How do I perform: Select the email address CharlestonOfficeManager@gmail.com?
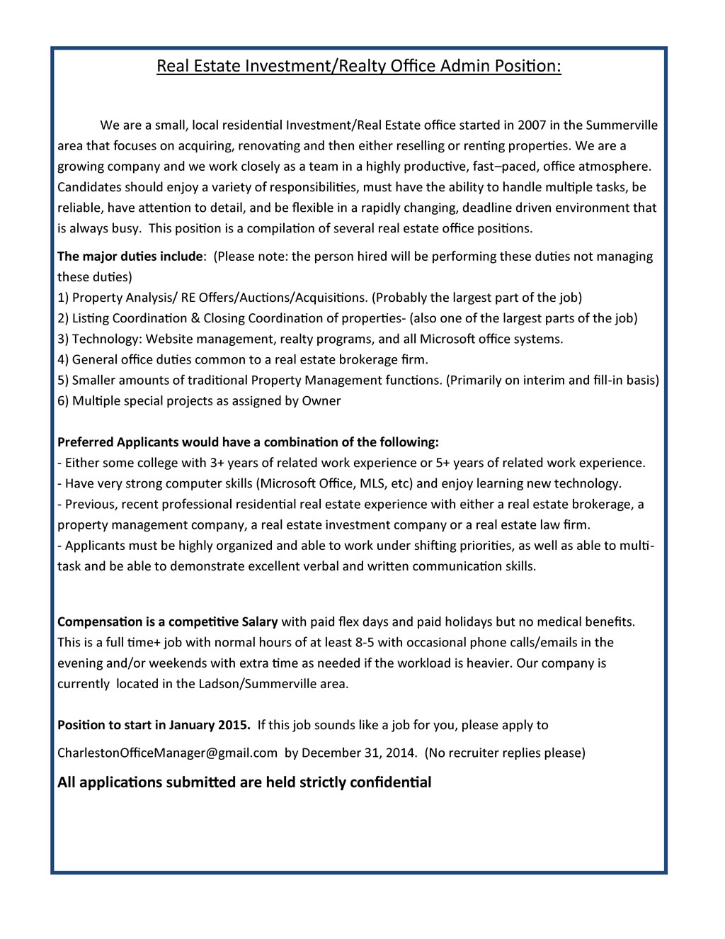(x=167, y=753)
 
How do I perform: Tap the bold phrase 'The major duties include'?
(x=130, y=257)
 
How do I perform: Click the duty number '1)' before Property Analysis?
(x=63, y=298)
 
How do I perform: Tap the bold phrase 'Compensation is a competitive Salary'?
(x=167, y=622)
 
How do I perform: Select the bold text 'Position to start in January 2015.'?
(x=154, y=725)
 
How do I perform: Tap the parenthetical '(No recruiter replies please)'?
(x=505, y=753)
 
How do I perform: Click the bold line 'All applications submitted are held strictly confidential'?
(x=244, y=782)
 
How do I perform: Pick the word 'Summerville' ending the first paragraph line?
(x=622, y=125)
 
